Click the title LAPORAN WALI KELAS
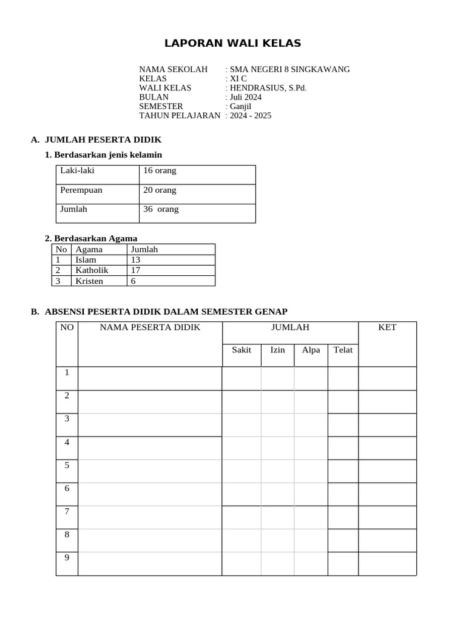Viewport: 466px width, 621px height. click(233, 43)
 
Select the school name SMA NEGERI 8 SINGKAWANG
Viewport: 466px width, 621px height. click(289, 69)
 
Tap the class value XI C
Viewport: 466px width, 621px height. click(238, 78)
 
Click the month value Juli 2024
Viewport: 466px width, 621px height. click(245, 96)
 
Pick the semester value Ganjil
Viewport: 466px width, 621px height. click(240, 106)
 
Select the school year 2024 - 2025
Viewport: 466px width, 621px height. click(250, 115)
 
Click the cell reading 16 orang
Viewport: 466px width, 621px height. click(160, 170)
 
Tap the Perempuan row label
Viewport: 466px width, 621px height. click(81, 190)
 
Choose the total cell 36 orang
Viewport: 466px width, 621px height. click(161, 209)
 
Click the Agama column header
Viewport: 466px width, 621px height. click(89, 249)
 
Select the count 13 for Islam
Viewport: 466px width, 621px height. click(135, 260)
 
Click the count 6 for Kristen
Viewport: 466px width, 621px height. click(133, 281)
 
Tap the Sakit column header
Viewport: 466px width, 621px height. click(241, 350)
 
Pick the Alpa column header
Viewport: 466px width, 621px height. click(311, 350)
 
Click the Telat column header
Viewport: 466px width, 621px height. click(343, 350)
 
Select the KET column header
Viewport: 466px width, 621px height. click(387, 327)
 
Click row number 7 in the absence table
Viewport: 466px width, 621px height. click(67, 511)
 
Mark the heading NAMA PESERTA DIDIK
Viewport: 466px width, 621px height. click(150, 327)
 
